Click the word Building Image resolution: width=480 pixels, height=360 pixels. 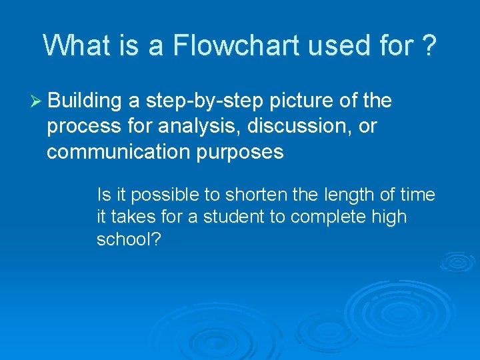tap(85, 101)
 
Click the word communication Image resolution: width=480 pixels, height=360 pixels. tap(118, 152)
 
